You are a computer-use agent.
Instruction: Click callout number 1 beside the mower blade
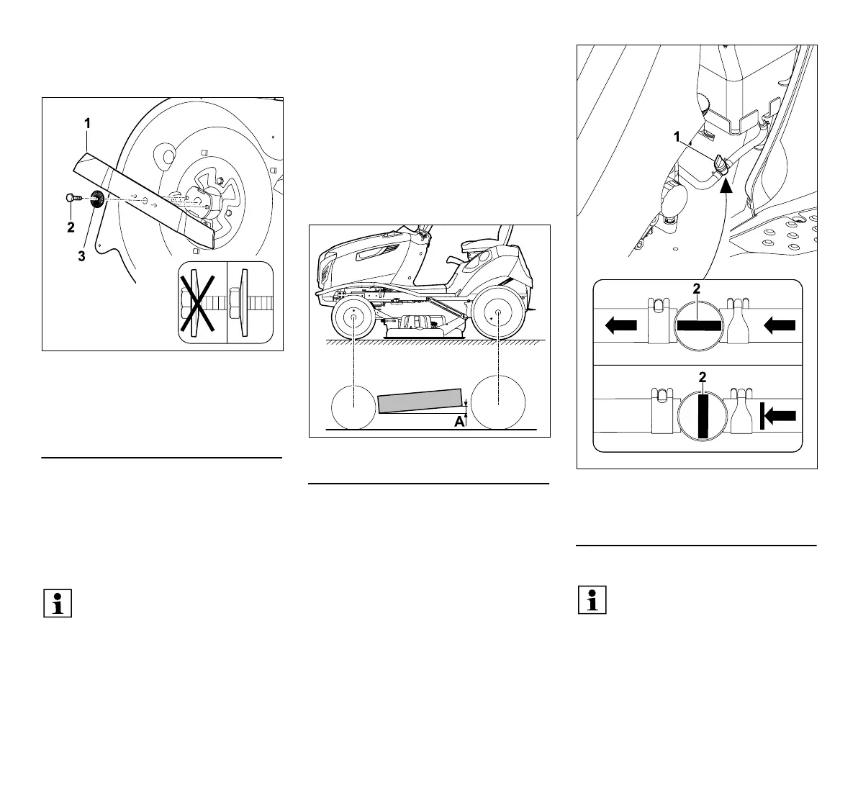click(x=87, y=124)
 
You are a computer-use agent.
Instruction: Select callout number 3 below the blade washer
click(x=81, y=255)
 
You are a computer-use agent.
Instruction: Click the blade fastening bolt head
click(x=69, y=197)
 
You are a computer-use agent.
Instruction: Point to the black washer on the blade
click(x=96, y=199)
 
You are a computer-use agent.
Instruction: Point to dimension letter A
click(x=459, y=422)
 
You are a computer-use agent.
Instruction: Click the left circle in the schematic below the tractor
click(x=354, y=407)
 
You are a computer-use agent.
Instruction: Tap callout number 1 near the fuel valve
click(x=676, y=136)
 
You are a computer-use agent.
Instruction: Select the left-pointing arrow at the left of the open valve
click(x=621, y=326)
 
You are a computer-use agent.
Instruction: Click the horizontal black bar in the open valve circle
click(x=699, y=326)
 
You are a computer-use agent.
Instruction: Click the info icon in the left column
click(x=58, y=602)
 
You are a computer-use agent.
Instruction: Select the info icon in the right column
click(x=592, y=600)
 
